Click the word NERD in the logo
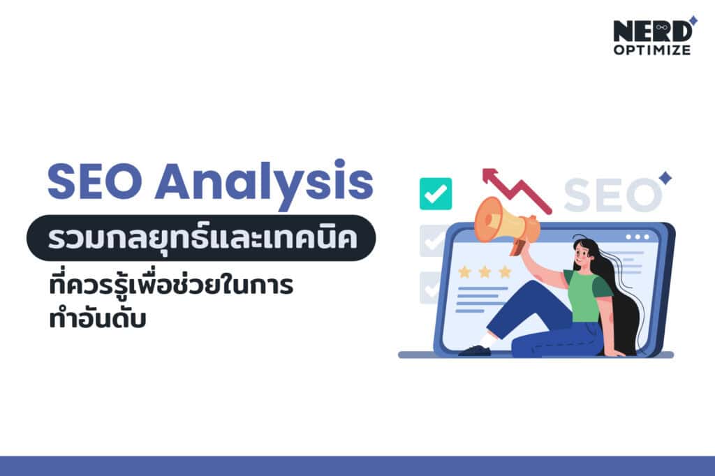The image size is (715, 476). (653, 31)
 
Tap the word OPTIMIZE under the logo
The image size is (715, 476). (652, 50)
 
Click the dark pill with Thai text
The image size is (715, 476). (201, 237)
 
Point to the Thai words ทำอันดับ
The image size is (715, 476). (98, 318)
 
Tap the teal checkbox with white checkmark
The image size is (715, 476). (436, 194)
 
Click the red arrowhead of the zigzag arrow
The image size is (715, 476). (489, 176)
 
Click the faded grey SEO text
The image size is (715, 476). (612, 195)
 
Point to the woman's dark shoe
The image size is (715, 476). (475, 350)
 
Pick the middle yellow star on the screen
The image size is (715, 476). (485, 272)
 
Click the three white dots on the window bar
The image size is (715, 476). (637, 237)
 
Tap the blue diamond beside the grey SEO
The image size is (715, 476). (665, 178)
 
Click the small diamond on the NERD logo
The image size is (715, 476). (693, 20)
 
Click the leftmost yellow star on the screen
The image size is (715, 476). (464, 272)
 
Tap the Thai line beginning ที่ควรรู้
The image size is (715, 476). (171, 285)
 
